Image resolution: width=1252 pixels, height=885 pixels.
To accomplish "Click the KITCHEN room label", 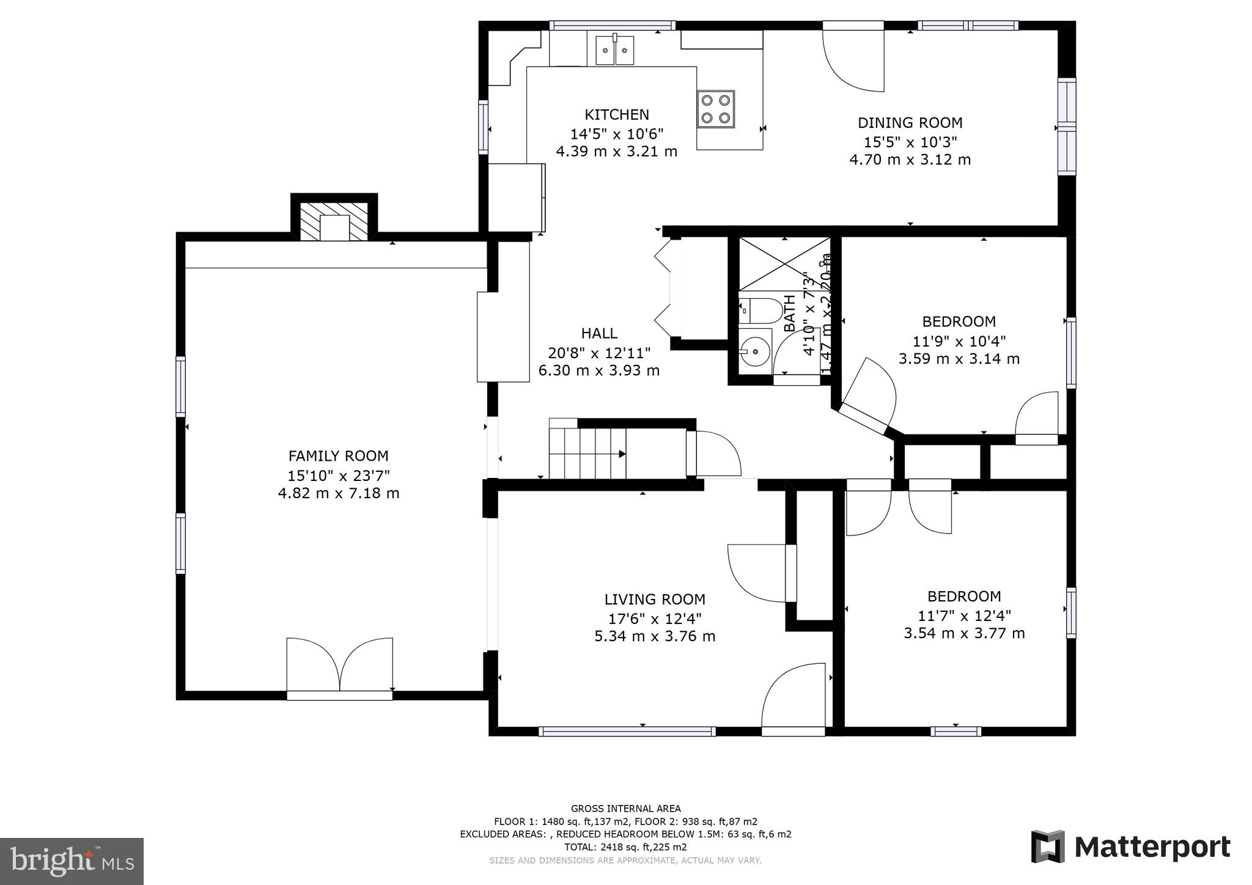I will pyautogui.click(x=616, y=114).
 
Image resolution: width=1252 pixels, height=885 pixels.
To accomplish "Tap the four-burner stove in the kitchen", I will pyautogui.click(x=715, y=109).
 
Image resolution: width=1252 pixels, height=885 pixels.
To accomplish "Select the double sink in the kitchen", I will pyautogui.click(x=615, y=48).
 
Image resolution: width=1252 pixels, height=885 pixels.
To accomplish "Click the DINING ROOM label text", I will pyautogui.click(x=910, y=123).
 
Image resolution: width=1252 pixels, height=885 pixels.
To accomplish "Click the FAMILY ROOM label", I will pyautogui.click(x=338, y=456).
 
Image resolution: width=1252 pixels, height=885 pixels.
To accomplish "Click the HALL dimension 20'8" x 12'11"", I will pyautogui.click(x=599, y=353).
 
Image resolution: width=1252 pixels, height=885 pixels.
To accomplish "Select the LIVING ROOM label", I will pyautogui.click(x=655, y=600).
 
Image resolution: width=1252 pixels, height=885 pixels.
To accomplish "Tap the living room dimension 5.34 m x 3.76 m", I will pyautogui.click(x=655, y=636).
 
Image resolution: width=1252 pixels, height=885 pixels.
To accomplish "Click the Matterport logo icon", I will pyautogui.click(x=1048, y=846).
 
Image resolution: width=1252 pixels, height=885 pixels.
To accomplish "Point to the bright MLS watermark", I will pyautogui.click(x=72, y=861).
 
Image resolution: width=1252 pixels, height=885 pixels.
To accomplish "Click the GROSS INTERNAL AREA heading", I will pyautogui.click(x=625, y=809).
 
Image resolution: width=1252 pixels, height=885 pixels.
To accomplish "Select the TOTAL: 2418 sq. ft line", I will pyautogui.click(x=625, y=847).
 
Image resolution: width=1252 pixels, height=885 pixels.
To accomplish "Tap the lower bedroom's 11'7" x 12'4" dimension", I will pyautogui.click(x=964, y=615).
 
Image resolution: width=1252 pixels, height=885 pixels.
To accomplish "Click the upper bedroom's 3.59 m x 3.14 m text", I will pyautogui.click(x=959, y=359).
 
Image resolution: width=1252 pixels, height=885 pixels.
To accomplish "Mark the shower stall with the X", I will pyautogui.click(x=784, y=263).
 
